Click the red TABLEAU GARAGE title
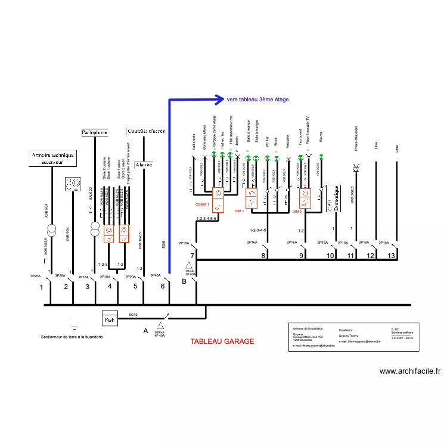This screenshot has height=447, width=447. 222,342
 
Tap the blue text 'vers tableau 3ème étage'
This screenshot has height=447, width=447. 257,100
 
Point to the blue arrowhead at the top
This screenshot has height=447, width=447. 221,100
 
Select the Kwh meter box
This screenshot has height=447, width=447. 110,319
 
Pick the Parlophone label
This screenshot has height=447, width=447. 94,132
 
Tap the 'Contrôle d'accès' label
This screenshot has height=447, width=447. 147,131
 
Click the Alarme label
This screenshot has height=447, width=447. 144,164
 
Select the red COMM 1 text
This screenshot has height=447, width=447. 202,204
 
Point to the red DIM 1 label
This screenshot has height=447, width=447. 240,211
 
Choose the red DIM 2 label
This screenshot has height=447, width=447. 297,211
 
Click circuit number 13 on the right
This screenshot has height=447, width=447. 391,256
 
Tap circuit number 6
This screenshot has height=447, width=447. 163,287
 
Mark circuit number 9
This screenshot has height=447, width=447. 301,256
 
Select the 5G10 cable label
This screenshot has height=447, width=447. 133,313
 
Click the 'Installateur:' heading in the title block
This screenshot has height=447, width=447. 346,330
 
